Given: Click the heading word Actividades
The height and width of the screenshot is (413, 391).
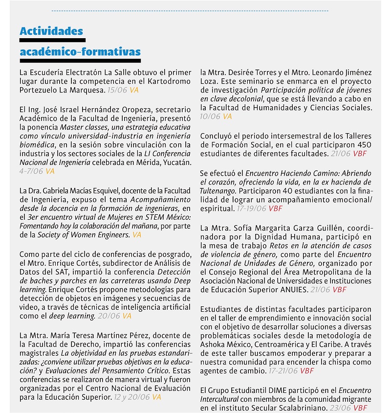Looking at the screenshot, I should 51,31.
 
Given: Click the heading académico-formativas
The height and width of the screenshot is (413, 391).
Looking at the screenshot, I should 80,52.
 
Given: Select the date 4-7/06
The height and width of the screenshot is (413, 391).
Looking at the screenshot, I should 31,171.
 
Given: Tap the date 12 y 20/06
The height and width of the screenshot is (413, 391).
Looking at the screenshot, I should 131,397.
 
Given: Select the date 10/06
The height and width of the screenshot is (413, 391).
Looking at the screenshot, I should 210,116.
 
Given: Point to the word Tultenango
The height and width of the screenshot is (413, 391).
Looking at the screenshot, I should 218,191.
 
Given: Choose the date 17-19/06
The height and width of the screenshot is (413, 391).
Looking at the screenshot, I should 251,208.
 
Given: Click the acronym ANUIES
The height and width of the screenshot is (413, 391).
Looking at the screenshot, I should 294,290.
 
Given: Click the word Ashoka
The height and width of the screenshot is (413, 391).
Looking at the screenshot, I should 214,344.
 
